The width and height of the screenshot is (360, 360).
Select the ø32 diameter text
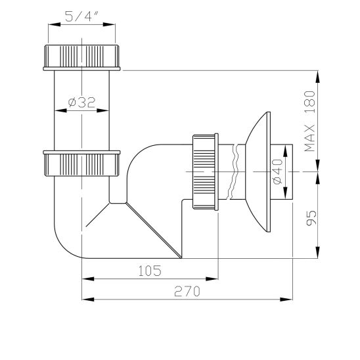81,102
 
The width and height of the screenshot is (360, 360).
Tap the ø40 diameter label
276,171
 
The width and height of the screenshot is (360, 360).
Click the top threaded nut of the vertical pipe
82,58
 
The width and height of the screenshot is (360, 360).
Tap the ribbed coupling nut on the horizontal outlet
205,171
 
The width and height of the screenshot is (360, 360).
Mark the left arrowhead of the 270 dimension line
85,299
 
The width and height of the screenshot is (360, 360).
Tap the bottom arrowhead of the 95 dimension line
319,255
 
